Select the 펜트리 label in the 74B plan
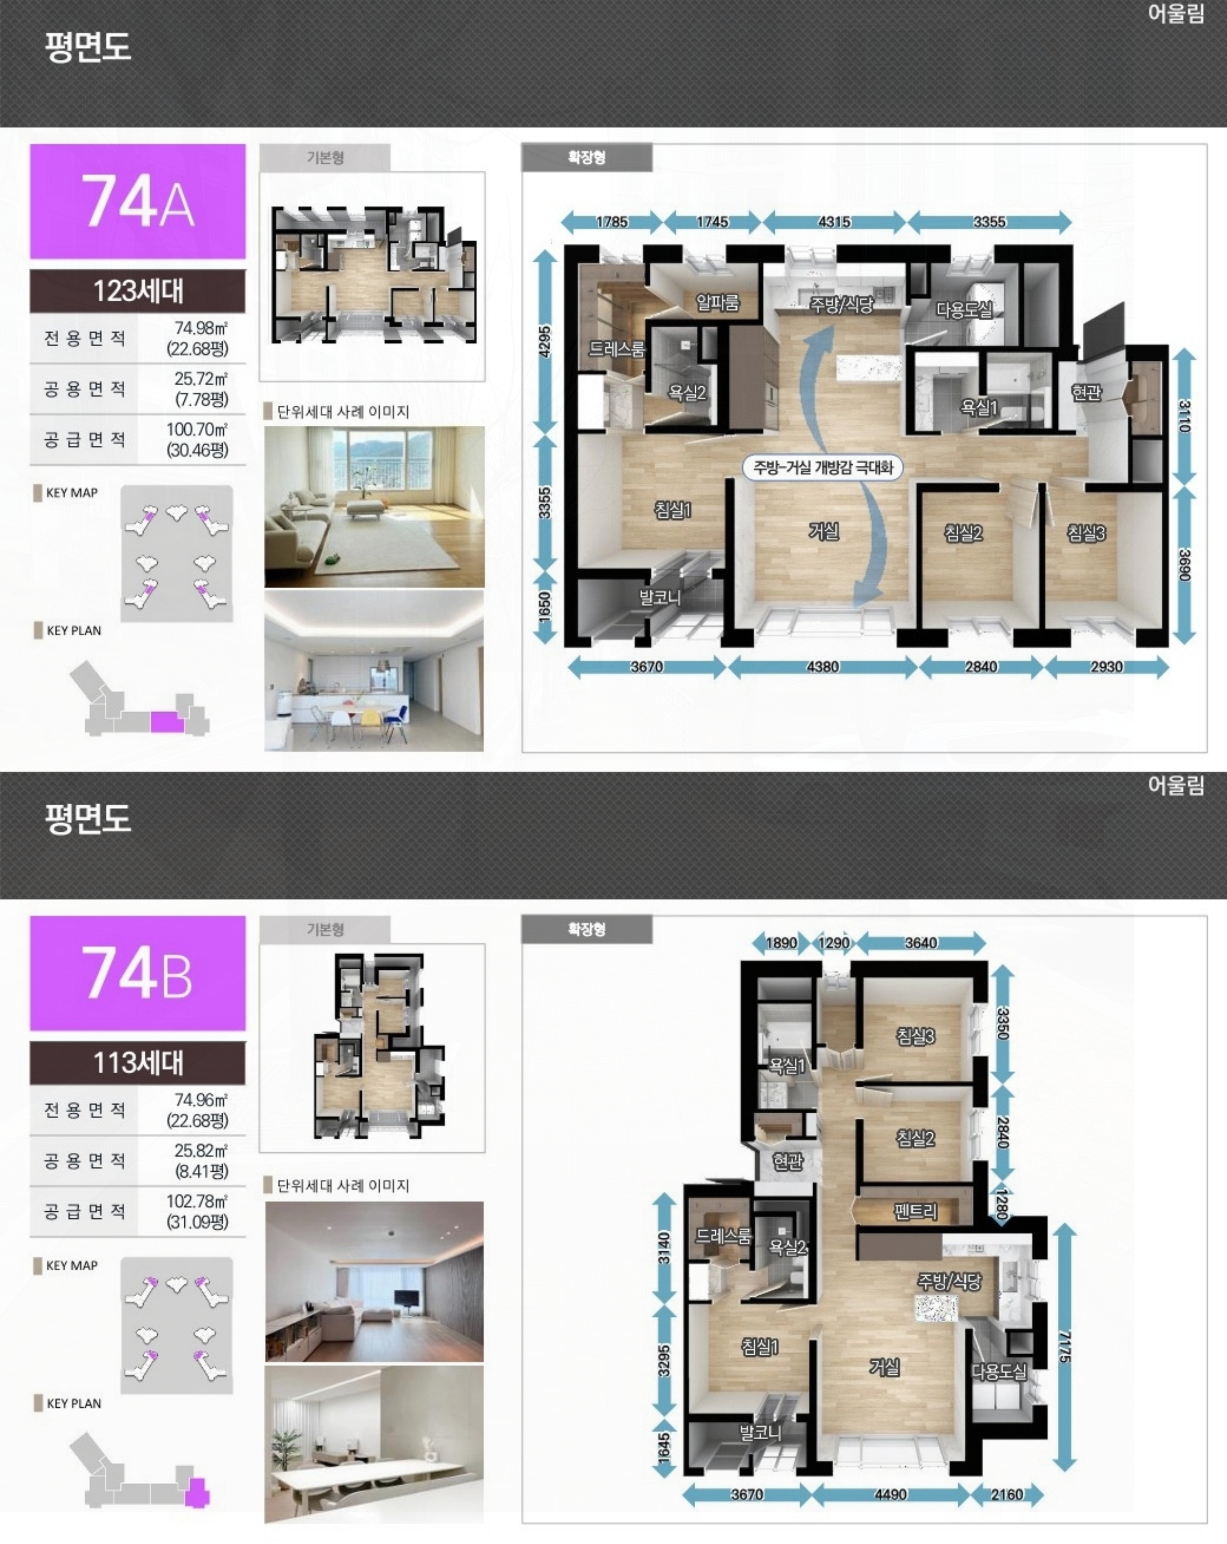tap(916, 1211)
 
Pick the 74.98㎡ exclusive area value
tap(201, 328)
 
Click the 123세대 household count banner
tap(138, 291)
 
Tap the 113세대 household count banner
tap(138, 1063)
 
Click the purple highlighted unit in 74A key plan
tap(167, 721)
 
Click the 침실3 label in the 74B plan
tap(916, 1036)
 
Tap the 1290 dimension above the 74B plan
tap(834, 943)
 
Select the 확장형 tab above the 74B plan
tap(587, 929)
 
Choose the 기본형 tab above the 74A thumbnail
tap(325, 157)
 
